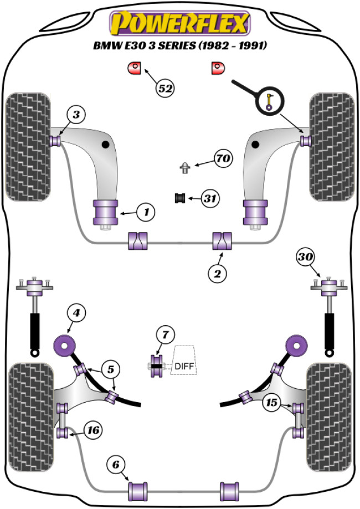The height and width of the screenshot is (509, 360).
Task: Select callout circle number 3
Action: (76, 115)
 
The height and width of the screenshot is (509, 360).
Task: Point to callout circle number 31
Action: (209, 198)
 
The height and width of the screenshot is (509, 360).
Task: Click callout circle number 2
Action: (217, 273)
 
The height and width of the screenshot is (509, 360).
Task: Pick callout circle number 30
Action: (304, 257)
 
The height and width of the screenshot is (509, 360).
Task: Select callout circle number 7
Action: (164, 335)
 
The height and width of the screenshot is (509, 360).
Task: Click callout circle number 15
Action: (272, 402)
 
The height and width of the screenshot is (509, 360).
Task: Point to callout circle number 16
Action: (94, 429)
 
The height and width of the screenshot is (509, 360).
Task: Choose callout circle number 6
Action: (117, 465)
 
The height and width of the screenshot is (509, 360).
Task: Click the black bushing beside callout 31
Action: (179, 198)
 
